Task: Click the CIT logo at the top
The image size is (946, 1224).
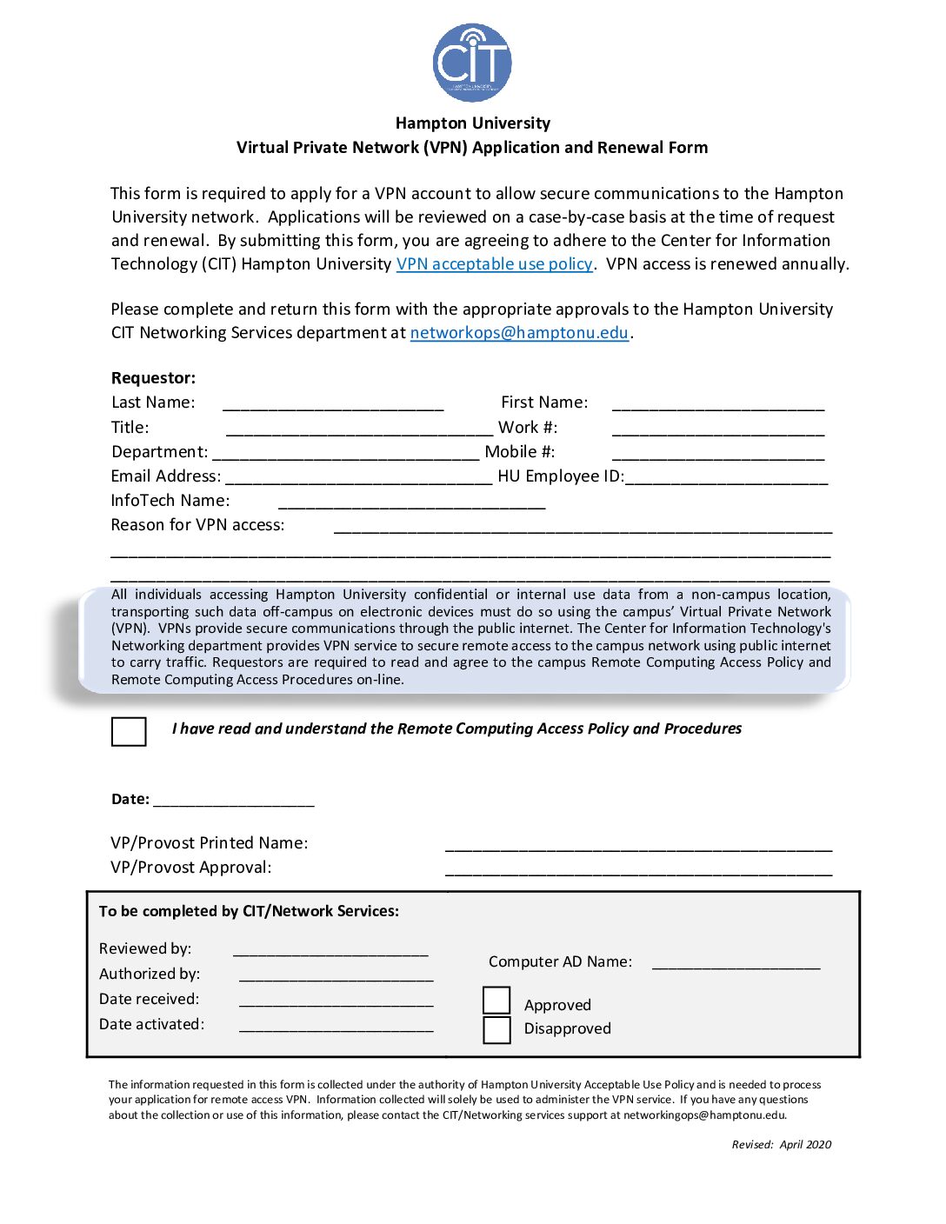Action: tap(472, 63)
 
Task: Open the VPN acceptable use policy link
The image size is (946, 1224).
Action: tap(494, 264)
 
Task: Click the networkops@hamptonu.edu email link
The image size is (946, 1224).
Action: tap(519, 333)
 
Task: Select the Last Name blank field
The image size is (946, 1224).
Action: tap(333, 403)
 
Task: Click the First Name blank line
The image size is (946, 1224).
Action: tap(718, 403)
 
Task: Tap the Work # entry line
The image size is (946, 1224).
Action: tap(718, 429)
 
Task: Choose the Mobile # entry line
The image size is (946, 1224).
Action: tap(718, 453)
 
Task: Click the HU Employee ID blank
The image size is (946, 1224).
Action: tap(727, 477)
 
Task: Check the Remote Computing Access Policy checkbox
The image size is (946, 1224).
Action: tap(129, 731)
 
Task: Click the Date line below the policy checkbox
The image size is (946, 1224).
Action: tap(234, 801)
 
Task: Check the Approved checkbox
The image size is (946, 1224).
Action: tap(496, 1001)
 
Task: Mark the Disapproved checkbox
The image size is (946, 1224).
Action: tap(496, 1030)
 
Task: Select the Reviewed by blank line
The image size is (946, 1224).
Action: tap(330, 950)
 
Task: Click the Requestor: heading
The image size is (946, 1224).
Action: tap(154, 378)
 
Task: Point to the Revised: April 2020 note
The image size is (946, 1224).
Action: tap(781, 1145)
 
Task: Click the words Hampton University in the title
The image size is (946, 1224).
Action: tap(473, 123)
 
